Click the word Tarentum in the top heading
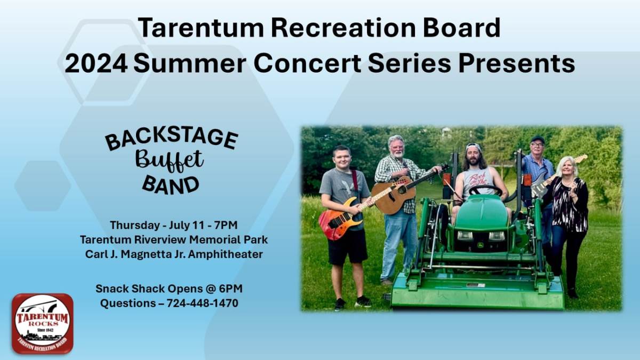(201, 28)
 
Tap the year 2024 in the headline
(96, 63)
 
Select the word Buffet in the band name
(170, 161)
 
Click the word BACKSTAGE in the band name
(171, 139)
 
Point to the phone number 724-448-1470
(202, 303)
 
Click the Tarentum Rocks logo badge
(43, 324)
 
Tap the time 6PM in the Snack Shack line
(231, 289)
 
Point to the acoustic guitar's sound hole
(402, 190)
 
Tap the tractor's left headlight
(465, 236)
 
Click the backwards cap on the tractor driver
(473, 147)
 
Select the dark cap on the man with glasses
(538, 140)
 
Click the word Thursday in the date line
(135, 225)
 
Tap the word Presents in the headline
(517, 63)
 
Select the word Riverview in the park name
(160, 239)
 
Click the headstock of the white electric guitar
(581, 158)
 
